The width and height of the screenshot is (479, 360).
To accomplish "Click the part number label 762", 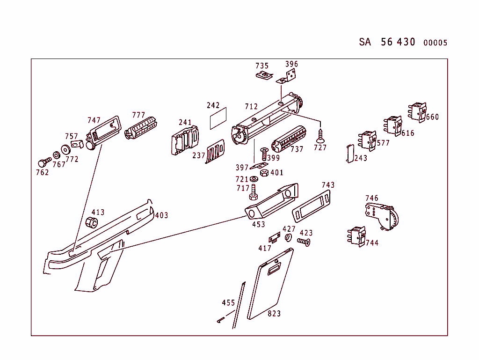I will click(42, 172).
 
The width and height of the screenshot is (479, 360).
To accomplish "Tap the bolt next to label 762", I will click(44, 162).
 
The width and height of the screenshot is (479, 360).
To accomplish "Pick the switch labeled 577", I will click(367, 140).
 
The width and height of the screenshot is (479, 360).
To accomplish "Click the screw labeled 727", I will click(320, 136).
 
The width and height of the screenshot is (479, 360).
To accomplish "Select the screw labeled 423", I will click(304, 242).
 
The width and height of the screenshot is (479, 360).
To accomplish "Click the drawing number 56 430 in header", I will click(398, 42).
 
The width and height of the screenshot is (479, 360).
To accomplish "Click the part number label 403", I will click(161, 215).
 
